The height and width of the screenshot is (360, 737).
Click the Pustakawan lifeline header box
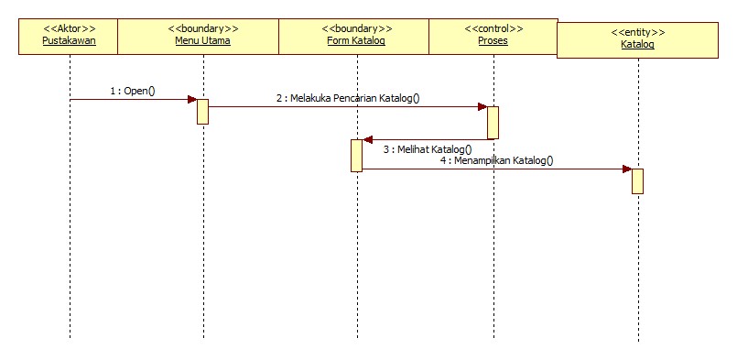pyautogui.click(x=69, y=36)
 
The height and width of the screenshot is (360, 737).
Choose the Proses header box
pyautogui.click(x=493, y=36)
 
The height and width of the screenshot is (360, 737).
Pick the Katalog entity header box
pyautogui.click(x=638, y=39)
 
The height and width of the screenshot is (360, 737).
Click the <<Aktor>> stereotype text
pyautogui.click(x=69, y=28)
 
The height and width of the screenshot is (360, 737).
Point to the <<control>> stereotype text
pyautogui.click(x=493, y=28)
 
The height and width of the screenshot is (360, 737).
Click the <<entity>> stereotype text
pyautogui.click(x=638, y=32)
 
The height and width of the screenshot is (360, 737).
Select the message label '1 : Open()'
pyautogui.click(x=133, y=91)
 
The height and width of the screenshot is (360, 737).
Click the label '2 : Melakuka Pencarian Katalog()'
pyautogui.click(x=348, y=97)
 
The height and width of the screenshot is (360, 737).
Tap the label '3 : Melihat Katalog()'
pyautogui.click(x=428, y=148)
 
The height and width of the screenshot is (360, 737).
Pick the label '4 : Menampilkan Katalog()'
pyautogui.click(x=496, y=159)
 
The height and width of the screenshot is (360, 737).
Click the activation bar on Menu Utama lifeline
pyautogui.click(x=203, y=111)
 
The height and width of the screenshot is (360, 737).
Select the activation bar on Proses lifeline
pyautogui.click(x=493, y=123)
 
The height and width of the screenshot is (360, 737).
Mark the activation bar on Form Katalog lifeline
pyautogui.click(x=356, y=155)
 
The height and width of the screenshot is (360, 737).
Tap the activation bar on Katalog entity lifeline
pyautogui.click(x=637, y=180)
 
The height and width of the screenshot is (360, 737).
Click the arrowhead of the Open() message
pyautogui.click(x=192, y=99)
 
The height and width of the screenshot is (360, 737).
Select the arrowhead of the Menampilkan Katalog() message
pyautogui.click(x=626, y=169)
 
